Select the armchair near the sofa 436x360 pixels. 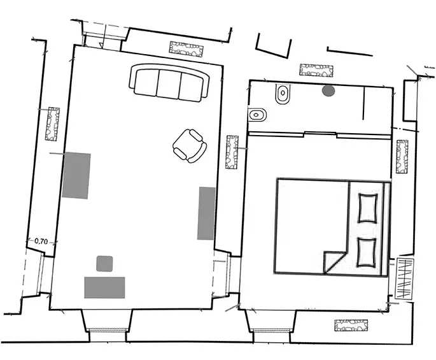(x=190, y=145)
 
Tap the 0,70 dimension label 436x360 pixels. (x=41, y=241)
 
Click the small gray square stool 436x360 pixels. (x=104, y=263)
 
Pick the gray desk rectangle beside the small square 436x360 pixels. (x=104, y=287)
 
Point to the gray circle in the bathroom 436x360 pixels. (x=328, y=91)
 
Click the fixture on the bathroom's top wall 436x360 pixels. (x=282, y=94)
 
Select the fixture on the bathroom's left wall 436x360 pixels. (x=258, y=115)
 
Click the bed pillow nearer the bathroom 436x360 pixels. (x=368, y=208)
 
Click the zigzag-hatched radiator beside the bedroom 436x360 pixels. (x=404, y=278)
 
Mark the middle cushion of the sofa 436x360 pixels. (x=169, y=84)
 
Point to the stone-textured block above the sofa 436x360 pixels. (x=186, y=48)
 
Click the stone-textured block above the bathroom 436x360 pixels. (x=317, y=70)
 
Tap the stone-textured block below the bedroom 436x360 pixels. (x=352, y=326)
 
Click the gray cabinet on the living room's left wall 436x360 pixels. (x=76, y=176)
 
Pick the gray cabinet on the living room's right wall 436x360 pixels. (x=206, y=213)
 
